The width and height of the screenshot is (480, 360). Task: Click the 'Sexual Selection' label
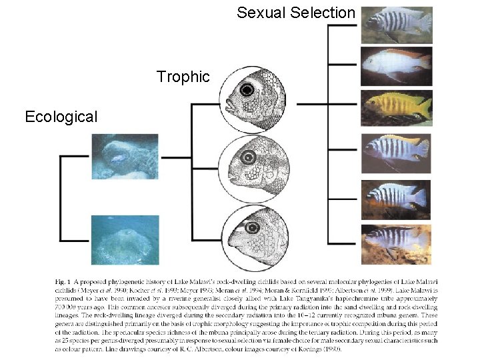[296, 13]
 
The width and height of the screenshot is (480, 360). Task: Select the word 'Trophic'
[183, 77]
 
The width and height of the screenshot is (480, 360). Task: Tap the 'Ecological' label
[61, 117]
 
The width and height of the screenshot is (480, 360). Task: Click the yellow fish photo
[397, 107]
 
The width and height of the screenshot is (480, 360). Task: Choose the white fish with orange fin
[397, 65]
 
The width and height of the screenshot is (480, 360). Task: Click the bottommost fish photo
[397, 245]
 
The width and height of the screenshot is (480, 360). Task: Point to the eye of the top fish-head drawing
[249, 89]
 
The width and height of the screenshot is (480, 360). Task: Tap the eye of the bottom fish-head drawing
[252, 228]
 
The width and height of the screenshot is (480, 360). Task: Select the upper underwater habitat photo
[125, 157]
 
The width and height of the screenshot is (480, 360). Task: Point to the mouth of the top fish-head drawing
[228, 105]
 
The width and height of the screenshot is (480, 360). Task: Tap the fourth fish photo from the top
[397, 153]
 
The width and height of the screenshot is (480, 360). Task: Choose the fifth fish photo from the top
[397, 199]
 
